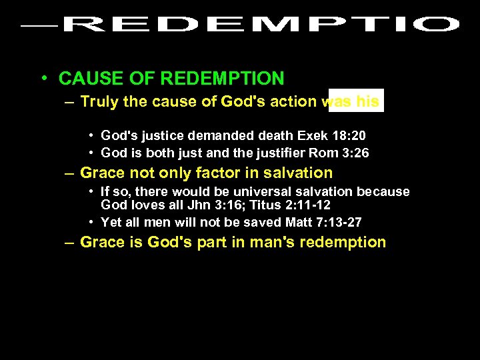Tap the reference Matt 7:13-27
click(x=325, y=222)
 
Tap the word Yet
click(x=111, y=222)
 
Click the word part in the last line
click(x=212, y=242)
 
